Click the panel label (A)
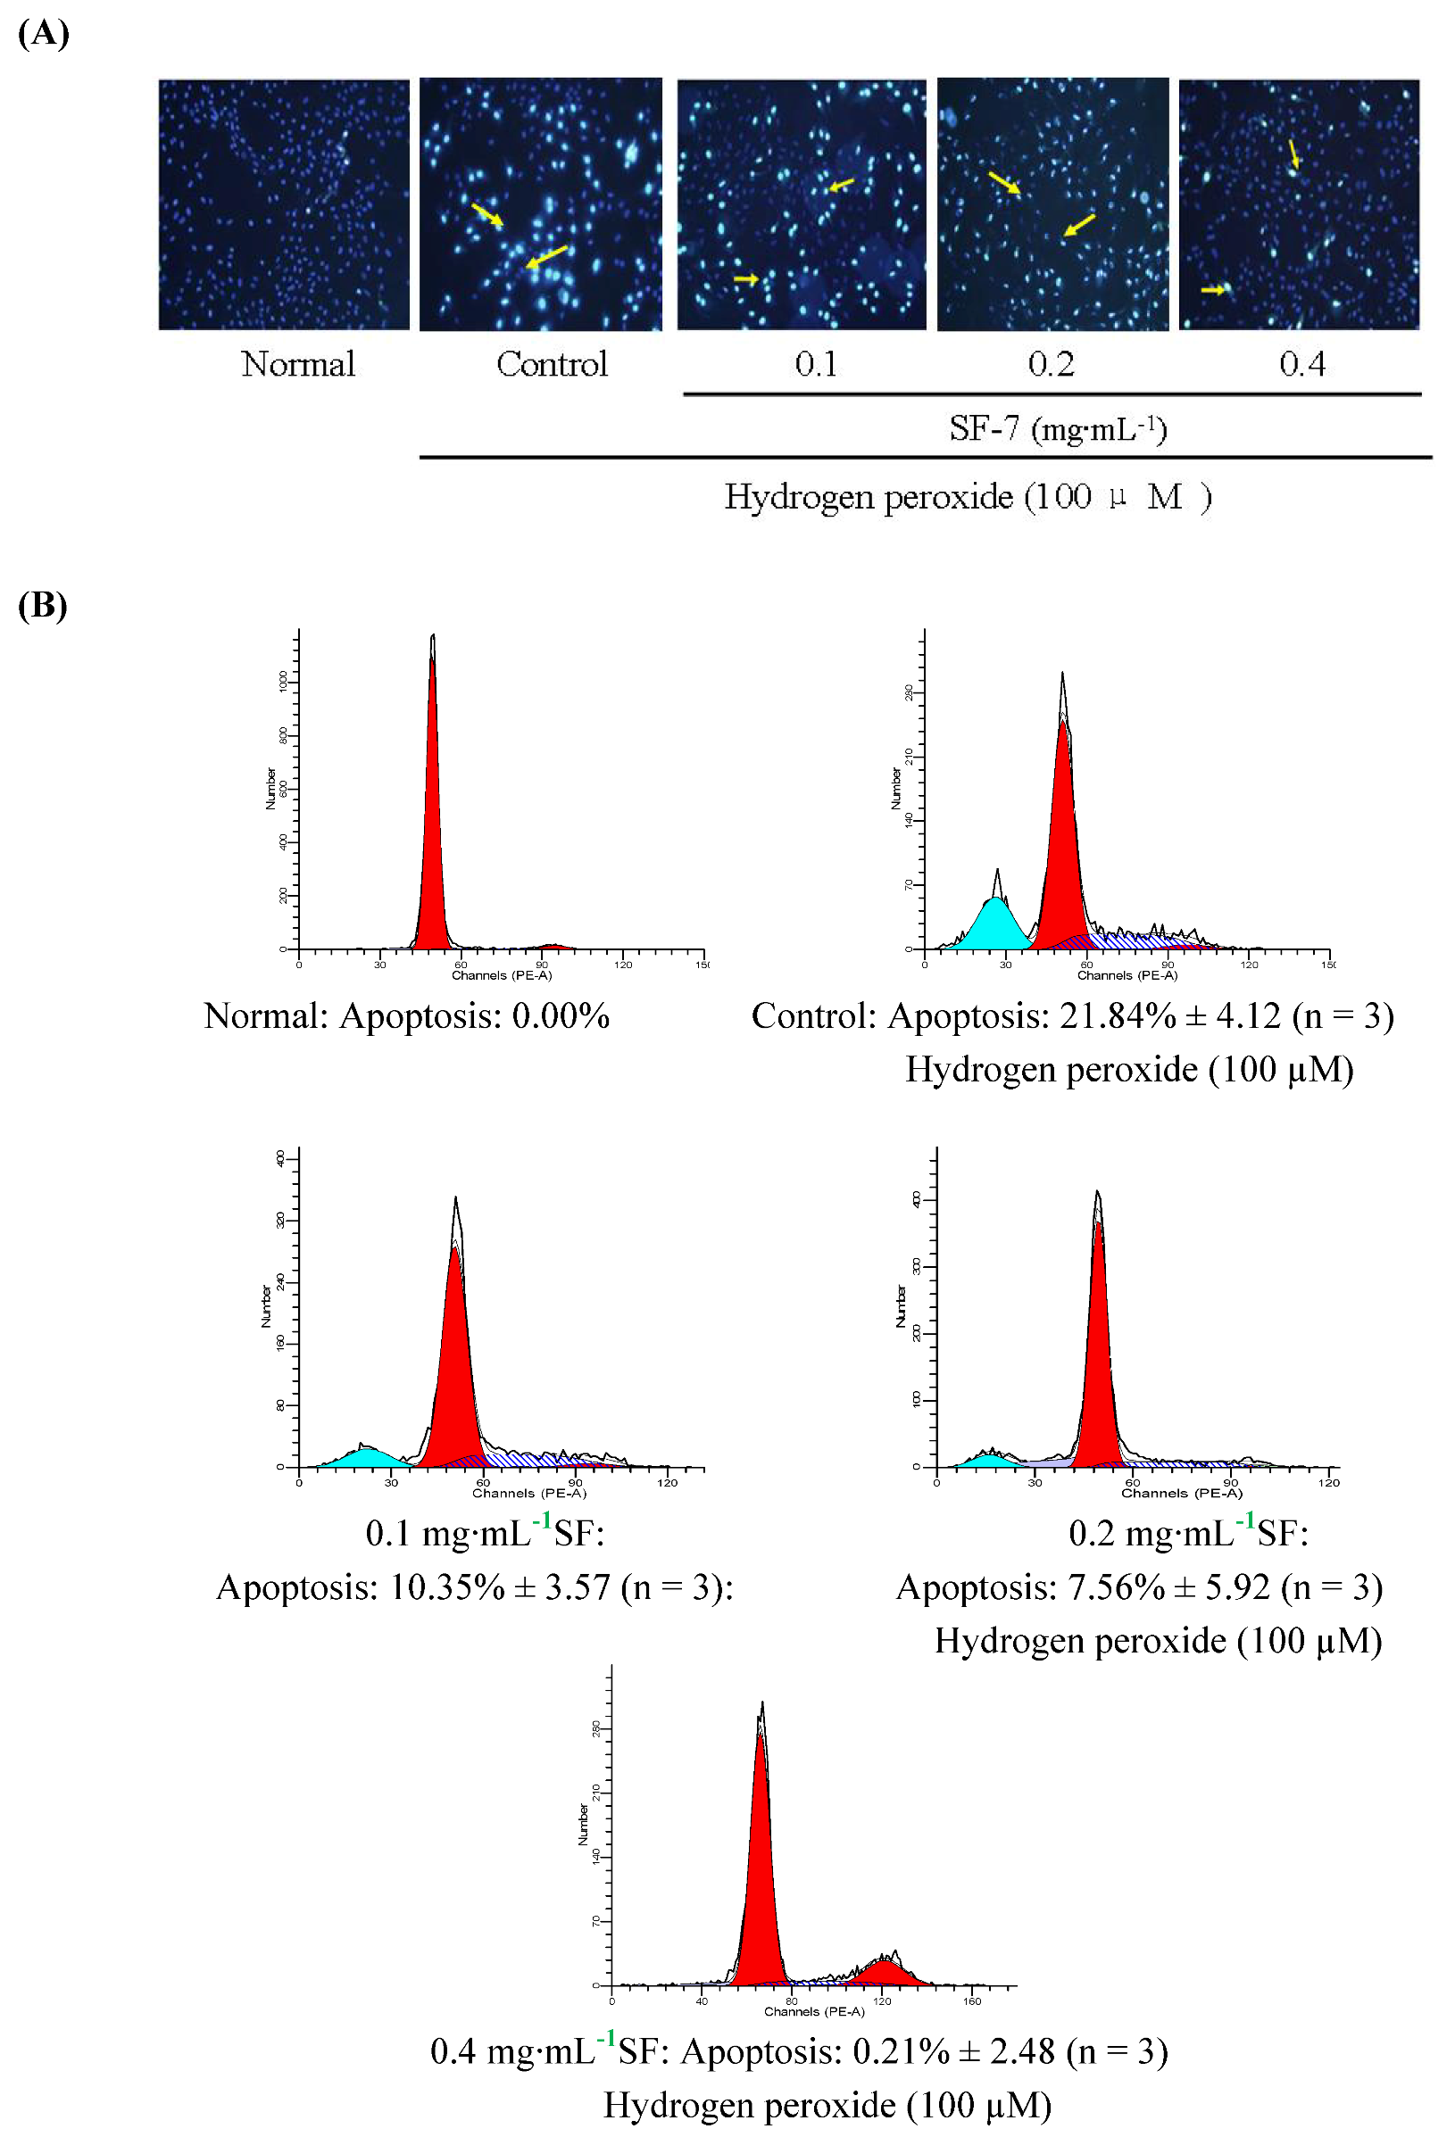tap(43, 34)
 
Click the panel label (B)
tap(42, 606)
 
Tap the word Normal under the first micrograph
tap(298, 364)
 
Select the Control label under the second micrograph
tap(552, 364)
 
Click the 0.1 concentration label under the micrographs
tap(816, 365)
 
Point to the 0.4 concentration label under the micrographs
tap(1301, 365)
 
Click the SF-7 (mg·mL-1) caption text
tap(1058, 429)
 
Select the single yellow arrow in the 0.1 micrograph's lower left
tap(746, 278)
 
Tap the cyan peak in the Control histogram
tap(995, 924)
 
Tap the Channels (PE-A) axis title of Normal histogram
tap(502, 974)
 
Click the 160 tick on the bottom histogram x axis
tap(971, 2000)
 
